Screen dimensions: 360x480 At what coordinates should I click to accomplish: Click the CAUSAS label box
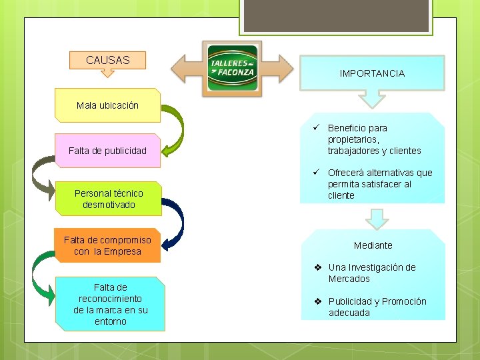107,60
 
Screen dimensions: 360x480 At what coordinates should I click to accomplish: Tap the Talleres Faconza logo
232,67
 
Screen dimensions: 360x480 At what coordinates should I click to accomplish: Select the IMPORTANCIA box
371,73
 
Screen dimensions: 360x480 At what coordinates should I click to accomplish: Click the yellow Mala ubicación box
107,105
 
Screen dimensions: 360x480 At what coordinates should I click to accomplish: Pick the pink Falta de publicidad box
107,150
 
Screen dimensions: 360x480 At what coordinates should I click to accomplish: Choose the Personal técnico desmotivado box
109,199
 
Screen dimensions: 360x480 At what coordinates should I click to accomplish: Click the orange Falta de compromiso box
107,245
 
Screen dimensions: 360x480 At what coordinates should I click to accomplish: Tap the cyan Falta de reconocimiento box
110,304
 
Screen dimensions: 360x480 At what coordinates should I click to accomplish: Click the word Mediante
373,245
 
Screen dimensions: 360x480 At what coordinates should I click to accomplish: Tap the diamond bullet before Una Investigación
319,267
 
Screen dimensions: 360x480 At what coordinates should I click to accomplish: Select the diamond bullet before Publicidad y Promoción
319,301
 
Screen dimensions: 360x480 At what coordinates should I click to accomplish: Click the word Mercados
349,279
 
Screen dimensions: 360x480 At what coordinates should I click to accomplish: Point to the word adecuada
349,313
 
